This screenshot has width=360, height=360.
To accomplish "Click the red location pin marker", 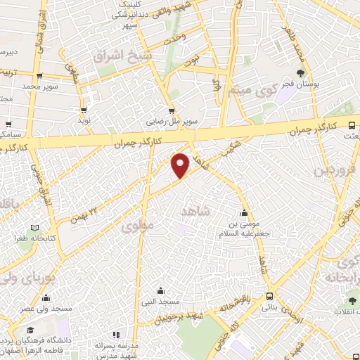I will pyautogui.click(x=181, y=165).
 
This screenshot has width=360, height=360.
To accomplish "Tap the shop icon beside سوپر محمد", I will pyautogui.click(x=39, y=76).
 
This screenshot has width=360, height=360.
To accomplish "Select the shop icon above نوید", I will pyautogui.click(x=84, y=110).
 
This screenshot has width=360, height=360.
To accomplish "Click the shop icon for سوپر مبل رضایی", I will pyautogui.click(x=172, y=110).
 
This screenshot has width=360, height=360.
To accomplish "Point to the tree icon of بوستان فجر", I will pyautogui.click(x=302, y=72).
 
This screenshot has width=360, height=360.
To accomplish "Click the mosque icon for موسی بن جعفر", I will pyautogui.click(x=244, y=214).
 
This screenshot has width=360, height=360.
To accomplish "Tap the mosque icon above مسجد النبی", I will pyautogui.click(x=161, y=290).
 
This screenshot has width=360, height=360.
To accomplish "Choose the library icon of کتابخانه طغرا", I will pyautogui.click(x=34, y=228).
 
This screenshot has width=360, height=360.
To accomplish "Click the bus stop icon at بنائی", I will pyautogui.click(x=269, y=296).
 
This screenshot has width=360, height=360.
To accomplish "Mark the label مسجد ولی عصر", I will pyautogui.click(x=46, y=308).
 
